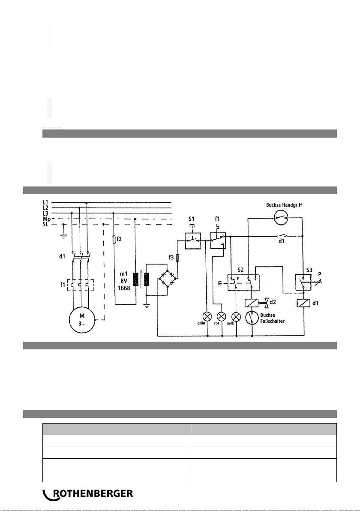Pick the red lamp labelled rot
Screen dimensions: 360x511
click(x=222, y=317)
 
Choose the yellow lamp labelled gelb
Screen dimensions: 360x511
click(x=235, y=317)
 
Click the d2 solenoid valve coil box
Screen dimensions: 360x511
click(x=251, y=303)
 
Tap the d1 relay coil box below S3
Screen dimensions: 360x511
click(x=303, y=303)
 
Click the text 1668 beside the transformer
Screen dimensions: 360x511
click(x=125, y=288)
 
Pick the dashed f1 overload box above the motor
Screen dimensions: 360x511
click(x=79, y=284)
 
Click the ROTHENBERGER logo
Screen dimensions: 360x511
click(x=88, y=494)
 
